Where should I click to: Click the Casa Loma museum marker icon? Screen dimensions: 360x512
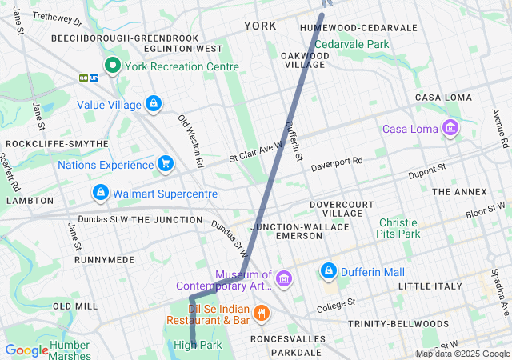click(x=450, y=128)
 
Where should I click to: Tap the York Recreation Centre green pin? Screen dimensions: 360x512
click(x=113, y=66)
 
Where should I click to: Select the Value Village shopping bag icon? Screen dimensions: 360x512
click(x=153, y=104)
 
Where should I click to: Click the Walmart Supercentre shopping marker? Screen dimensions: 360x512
click(x=101, y=194)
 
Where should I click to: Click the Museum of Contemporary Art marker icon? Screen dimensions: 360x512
click(x=283, y=278)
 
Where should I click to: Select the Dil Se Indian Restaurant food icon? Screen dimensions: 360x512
click(x=261, y=313)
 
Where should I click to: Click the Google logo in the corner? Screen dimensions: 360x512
click(x=26, y=350)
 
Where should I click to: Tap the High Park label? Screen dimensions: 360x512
click(x=197, y=345)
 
